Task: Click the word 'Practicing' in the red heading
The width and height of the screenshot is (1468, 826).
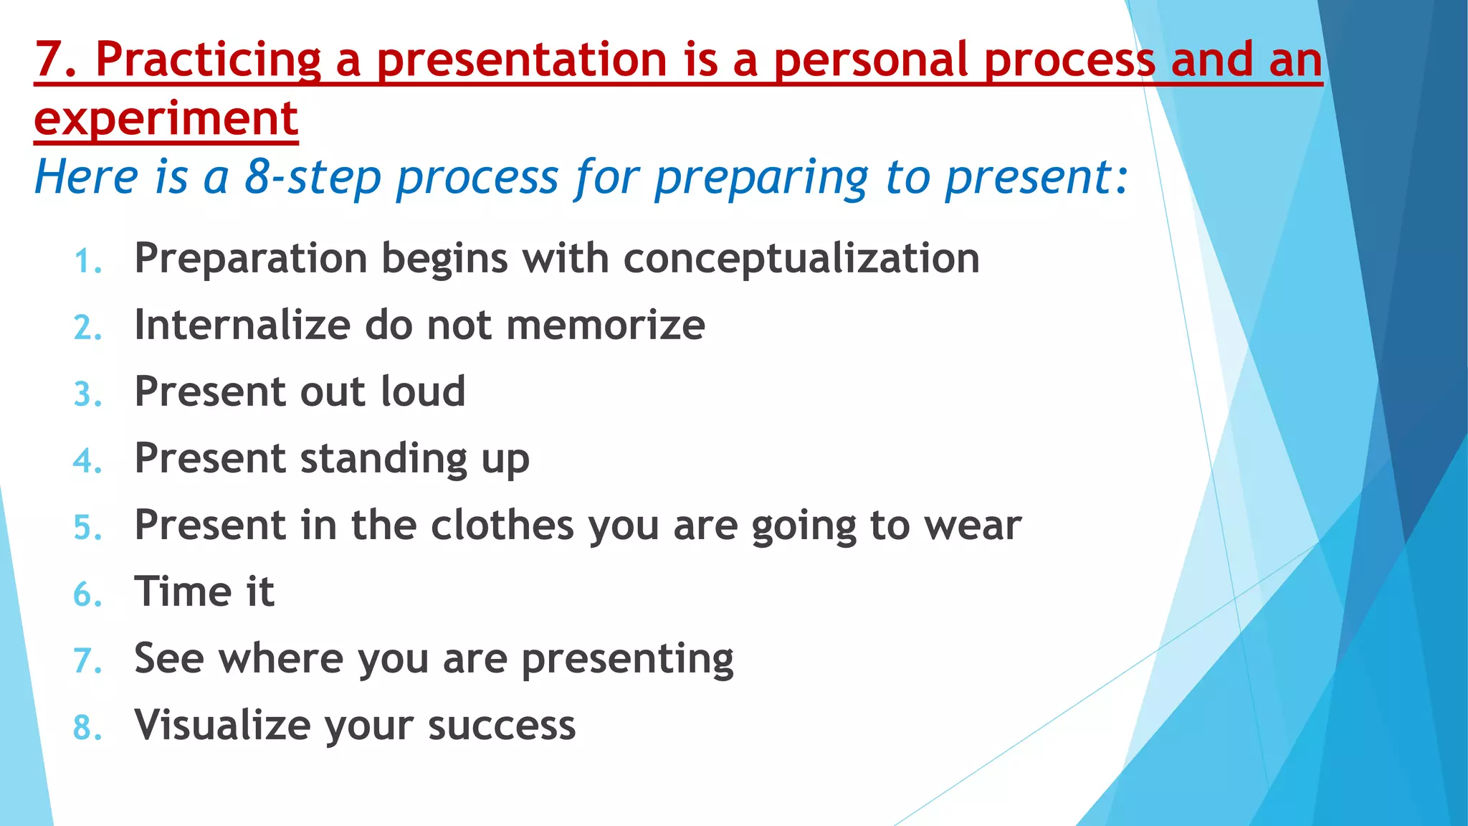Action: [208, 60]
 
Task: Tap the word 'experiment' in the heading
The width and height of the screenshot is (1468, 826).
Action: [166, 118]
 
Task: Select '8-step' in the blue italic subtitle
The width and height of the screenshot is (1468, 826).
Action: [313, 176]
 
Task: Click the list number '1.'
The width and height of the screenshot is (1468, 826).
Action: [88, 261]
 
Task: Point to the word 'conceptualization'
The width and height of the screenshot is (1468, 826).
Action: [801, 258]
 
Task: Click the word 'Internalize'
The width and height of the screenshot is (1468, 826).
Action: [242, 325]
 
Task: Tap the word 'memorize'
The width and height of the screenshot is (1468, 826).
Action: [606, 325]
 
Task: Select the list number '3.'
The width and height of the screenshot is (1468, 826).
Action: [88, 394]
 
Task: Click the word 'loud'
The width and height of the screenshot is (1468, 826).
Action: [423, 391]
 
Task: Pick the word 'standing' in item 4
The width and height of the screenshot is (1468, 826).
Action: [383, 459]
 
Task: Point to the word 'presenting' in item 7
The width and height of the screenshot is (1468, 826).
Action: [627, 660]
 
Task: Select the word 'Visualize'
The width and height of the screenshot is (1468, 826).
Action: [222, 725]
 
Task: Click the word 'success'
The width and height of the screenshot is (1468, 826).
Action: [502, 726]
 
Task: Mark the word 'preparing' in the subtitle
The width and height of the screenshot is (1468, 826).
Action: [761, 178]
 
